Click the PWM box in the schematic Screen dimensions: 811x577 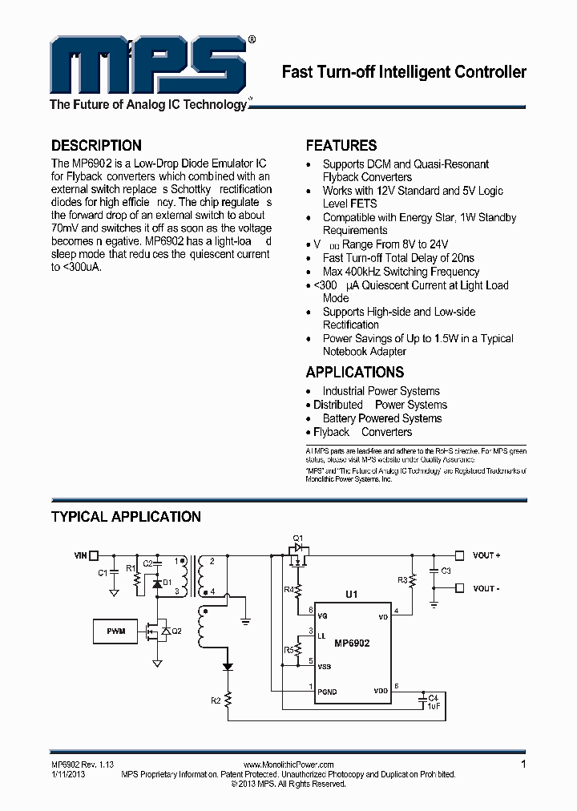point(115,631)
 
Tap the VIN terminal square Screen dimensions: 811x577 point(94,555)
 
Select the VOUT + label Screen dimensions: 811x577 point(486,555)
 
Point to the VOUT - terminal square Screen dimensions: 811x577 point(459,587)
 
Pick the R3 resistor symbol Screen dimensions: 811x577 point(413,579)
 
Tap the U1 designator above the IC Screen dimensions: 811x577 point(351,595)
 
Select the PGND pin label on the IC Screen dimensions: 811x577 point(327,691)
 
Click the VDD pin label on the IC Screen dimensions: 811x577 point(381,691)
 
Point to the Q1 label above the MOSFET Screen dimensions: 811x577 point(297,537)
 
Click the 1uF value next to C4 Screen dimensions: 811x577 point(433,706)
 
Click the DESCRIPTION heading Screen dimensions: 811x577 point(96,146)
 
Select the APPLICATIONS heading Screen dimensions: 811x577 point(354,372)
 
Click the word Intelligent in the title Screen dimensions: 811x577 point(417,72)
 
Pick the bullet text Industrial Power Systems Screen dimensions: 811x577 point(381,391)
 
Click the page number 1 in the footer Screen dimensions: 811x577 point(523,765)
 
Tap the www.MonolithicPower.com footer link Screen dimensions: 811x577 point(288,765)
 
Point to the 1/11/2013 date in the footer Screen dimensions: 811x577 point(67,774)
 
